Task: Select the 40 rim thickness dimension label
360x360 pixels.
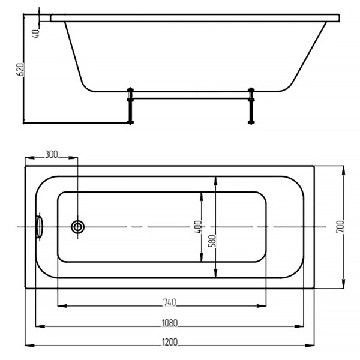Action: coord(37,32)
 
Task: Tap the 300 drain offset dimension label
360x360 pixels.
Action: coord(52,154)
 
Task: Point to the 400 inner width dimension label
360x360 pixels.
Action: coord(198,227)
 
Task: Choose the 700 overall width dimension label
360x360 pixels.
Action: coord(340,227)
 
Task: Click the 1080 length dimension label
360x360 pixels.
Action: coord(170,323)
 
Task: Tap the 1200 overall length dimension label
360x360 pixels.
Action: coord(170,343)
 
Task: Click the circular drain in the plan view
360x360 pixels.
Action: coord(78,227)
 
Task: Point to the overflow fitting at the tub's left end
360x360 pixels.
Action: coord(40,227)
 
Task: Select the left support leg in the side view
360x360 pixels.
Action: coord(130,106)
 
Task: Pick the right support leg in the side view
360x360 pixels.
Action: coord(251,106)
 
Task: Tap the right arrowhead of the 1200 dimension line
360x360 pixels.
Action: coord(312,346)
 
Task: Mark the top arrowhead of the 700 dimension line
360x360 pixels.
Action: coord(343,170)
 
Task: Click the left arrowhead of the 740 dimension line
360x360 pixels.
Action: coord(61,306)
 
